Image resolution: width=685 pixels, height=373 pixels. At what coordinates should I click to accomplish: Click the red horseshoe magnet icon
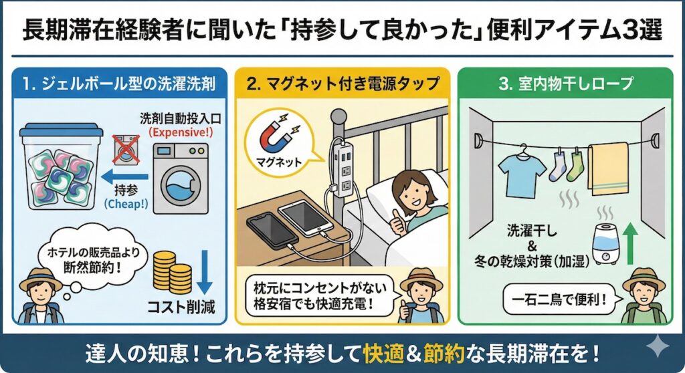click(274, 135)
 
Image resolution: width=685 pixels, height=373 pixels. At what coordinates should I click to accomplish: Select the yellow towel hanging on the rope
click(607, 168)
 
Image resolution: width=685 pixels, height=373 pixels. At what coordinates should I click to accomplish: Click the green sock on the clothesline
click(575, 166)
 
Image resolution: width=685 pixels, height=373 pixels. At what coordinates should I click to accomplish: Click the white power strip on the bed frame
click(345, 167)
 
